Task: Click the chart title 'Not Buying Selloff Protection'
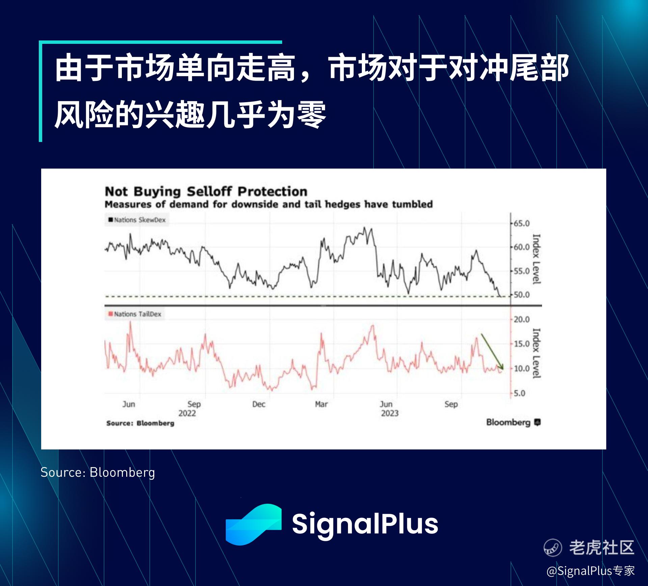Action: tap(206, 192)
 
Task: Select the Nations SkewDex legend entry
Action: tap(137, 220)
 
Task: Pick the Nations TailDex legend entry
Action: tap(135, 314)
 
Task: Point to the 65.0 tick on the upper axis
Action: tap(521, 224)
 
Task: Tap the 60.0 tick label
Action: tap(521, 247)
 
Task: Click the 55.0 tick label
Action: tap(521, 271)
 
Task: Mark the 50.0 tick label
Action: tap(521, 295)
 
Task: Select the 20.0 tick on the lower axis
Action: tap(521, 319)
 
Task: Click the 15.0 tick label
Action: tap(521, 344)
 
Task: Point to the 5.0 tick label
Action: tap(519, 393)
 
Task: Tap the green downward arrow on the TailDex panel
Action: tap(492, 352)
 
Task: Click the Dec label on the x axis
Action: tap(259, 404)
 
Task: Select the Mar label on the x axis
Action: tap(321, 404)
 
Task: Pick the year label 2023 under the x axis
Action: tap(390, 413)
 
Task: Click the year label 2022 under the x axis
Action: tap(187, 413)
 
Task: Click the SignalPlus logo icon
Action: tap(253, 524)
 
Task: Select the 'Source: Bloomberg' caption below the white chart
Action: tap(98, 472)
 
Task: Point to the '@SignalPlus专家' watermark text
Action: tap(591, 570)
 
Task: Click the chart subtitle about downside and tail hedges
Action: tap(269, 204)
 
